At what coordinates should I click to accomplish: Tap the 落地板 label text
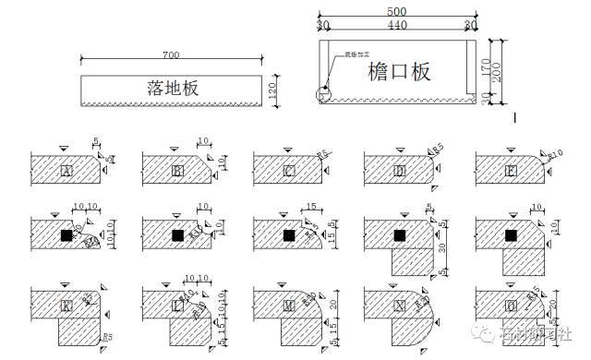174,88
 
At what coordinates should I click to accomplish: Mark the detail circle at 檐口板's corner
324,94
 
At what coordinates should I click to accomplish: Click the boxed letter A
66,171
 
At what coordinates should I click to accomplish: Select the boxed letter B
177,171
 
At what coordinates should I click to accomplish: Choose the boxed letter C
289,171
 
